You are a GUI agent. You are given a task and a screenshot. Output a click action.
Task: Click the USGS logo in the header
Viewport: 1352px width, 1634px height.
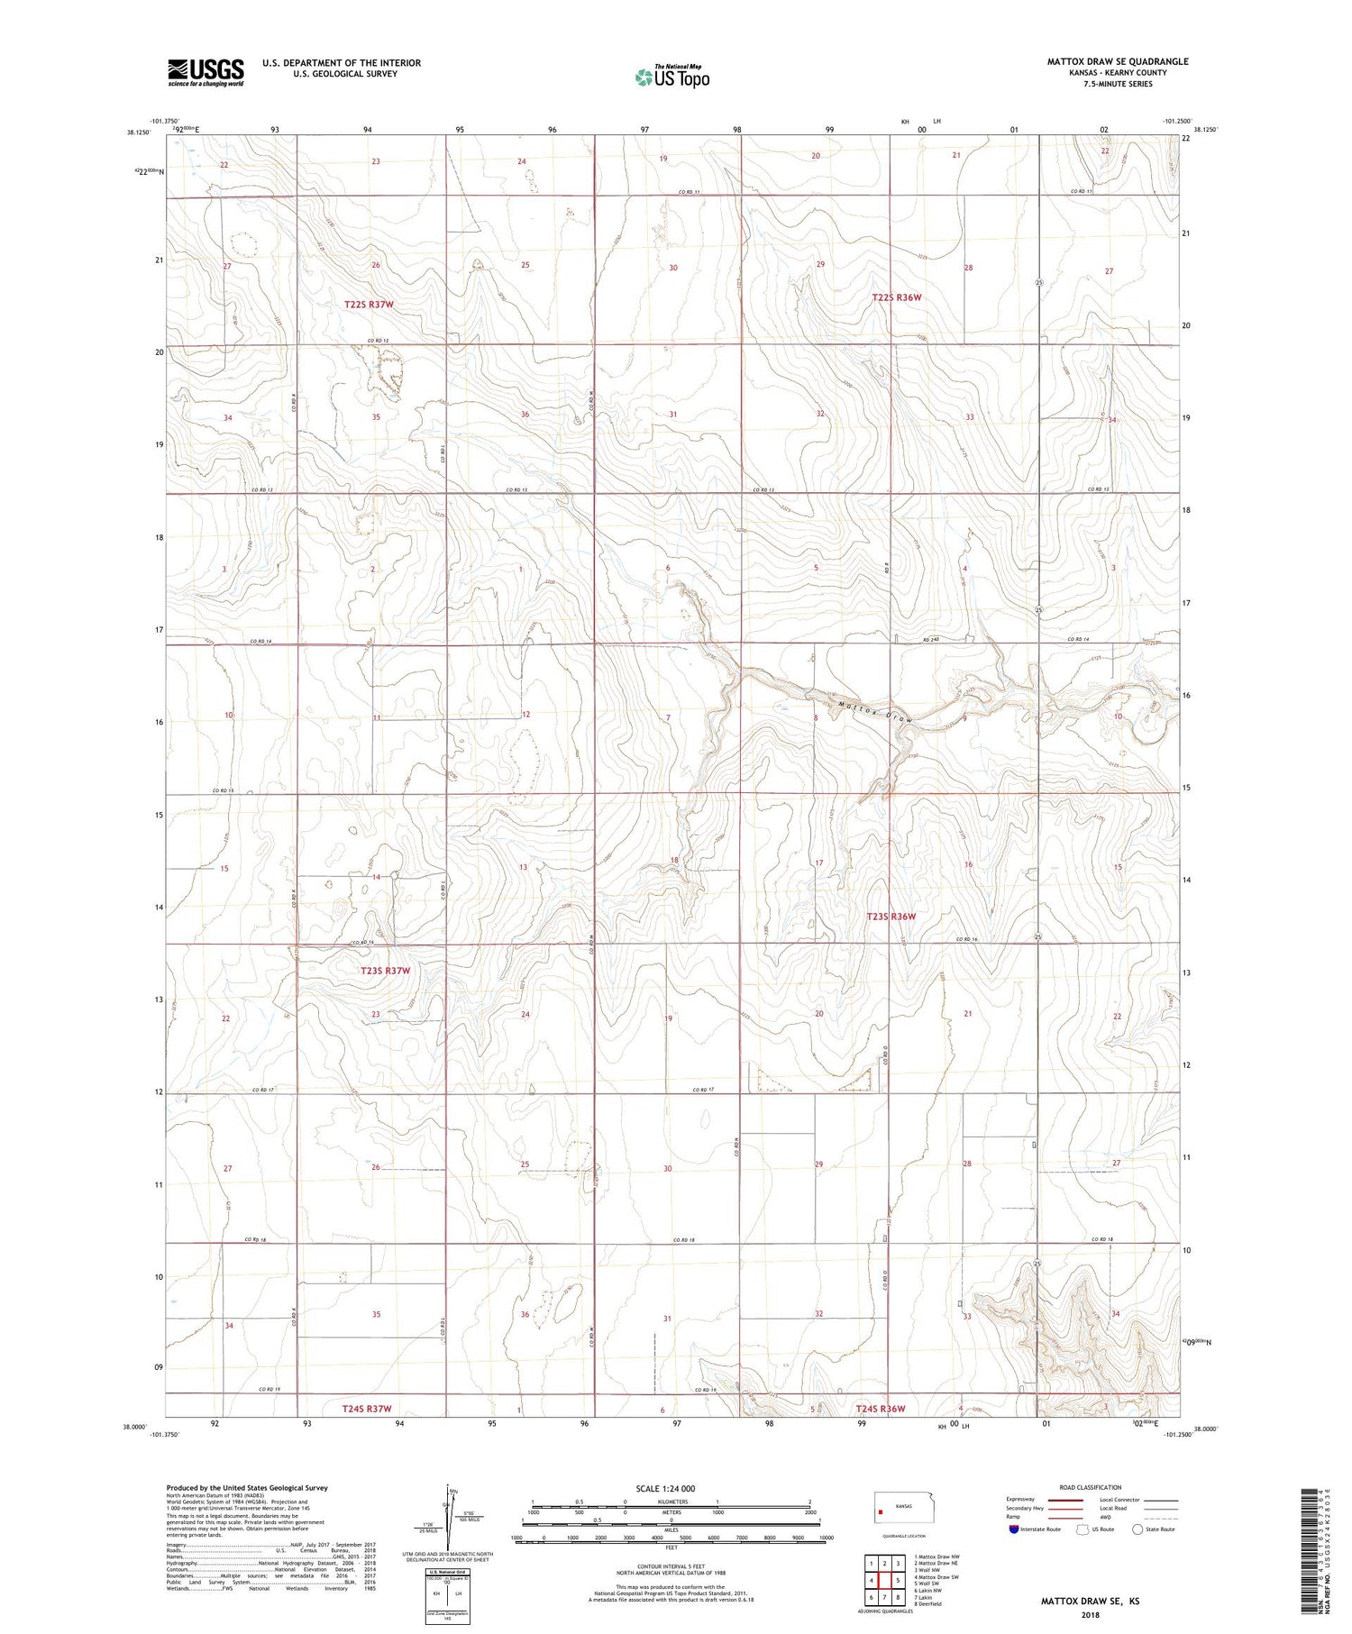205,72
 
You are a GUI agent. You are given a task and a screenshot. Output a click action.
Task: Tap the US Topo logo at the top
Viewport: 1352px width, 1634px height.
671,78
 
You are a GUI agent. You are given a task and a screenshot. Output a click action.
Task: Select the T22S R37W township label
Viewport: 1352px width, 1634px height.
369,305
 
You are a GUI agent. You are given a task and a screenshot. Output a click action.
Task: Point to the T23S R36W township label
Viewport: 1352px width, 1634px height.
891,917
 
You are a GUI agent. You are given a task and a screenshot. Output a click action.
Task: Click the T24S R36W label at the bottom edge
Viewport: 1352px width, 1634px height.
880,1408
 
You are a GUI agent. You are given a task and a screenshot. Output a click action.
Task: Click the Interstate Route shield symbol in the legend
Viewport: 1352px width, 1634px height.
1014,1529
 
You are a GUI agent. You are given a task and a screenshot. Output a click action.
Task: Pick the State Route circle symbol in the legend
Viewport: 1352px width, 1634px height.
1138,1529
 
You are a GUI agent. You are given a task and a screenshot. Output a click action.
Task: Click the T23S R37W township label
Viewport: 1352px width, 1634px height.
385,971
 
